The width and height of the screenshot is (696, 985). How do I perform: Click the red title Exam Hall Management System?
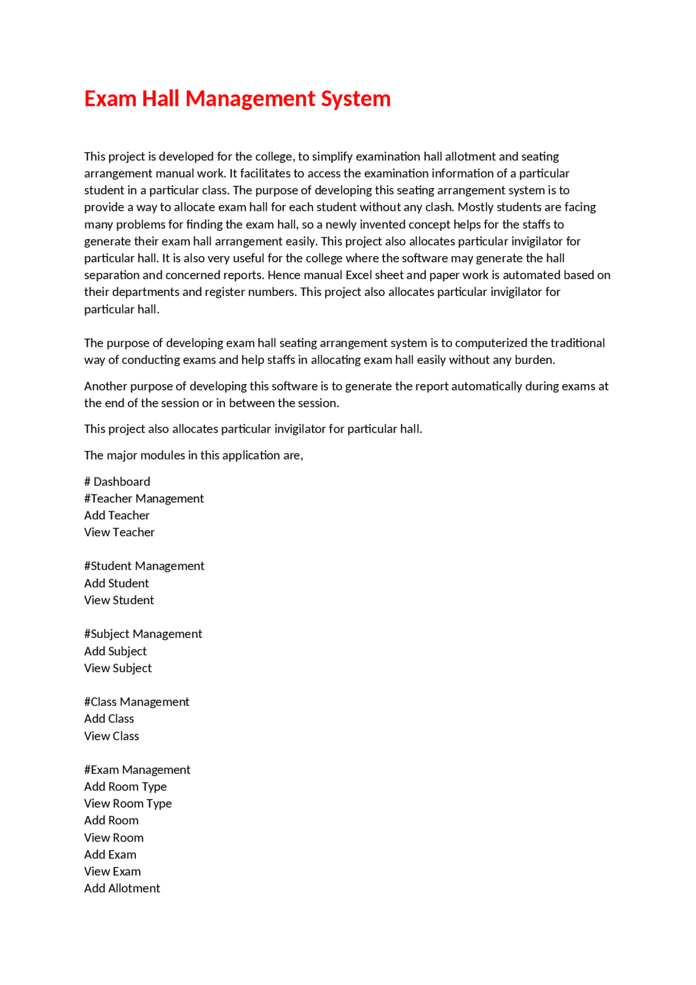tap(237, 99)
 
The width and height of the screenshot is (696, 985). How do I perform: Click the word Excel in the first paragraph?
tap(358, 275)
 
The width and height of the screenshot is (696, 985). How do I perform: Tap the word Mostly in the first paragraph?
tap(475, 207)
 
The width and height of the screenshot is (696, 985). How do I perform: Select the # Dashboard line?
tap(117, 482)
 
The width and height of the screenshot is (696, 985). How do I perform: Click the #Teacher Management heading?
tap(144, 499)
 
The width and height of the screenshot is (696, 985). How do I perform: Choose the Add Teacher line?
tap(116, 516)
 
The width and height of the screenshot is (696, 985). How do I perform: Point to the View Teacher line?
tap(119, 532)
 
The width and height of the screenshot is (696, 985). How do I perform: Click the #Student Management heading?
tap(144, 566)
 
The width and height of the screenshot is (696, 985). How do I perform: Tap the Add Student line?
tap(116, 584)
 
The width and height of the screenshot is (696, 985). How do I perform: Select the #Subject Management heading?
tap(143, 634)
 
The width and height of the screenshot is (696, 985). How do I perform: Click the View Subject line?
tap(117, 668)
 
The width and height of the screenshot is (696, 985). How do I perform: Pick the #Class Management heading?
tap(136, 702)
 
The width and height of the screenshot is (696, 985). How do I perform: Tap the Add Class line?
tap(109, 719)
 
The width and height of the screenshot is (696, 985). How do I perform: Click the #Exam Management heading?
tap(137, 770)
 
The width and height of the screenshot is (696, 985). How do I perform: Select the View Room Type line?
tap(128, 804)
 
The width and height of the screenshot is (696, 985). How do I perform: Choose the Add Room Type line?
tap(125, 787)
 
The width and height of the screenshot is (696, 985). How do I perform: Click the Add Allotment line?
tap(122, 889)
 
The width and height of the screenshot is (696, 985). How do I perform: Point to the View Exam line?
tap(112, 872)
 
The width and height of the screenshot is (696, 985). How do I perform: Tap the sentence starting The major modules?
tap(193, 456)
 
